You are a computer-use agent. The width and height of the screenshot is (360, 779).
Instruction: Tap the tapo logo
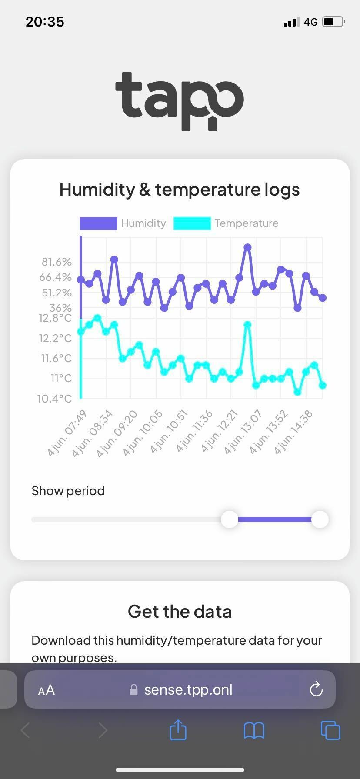180,101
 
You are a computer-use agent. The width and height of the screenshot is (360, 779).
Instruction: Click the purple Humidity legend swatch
98,223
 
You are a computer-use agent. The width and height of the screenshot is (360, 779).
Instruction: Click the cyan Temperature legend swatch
192,223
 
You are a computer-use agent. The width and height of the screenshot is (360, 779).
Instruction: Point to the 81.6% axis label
57,262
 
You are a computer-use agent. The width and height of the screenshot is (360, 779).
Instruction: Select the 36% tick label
60,308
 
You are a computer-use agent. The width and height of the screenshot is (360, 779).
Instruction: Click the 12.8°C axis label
55,318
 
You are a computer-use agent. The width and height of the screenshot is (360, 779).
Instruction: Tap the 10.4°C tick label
54,399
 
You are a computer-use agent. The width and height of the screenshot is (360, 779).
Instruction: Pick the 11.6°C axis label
56,359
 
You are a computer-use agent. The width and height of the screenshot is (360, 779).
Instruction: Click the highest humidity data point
247,247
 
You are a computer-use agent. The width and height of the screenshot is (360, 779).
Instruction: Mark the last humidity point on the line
322,298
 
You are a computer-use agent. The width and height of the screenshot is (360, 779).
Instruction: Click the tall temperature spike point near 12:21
247,325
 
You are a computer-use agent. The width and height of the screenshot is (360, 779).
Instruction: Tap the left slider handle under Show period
230,519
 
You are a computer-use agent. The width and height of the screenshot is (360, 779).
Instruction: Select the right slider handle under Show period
320,519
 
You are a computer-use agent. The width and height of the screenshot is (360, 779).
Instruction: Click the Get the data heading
180,611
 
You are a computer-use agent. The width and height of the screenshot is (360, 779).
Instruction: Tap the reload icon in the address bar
316,689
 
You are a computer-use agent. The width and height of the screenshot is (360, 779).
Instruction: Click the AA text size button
47,690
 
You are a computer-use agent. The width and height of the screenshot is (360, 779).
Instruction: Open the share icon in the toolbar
178,730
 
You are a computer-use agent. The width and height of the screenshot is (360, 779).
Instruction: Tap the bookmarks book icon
254,730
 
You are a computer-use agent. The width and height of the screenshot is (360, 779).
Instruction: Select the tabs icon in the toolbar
330,730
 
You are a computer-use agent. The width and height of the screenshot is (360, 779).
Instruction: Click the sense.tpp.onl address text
188,689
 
